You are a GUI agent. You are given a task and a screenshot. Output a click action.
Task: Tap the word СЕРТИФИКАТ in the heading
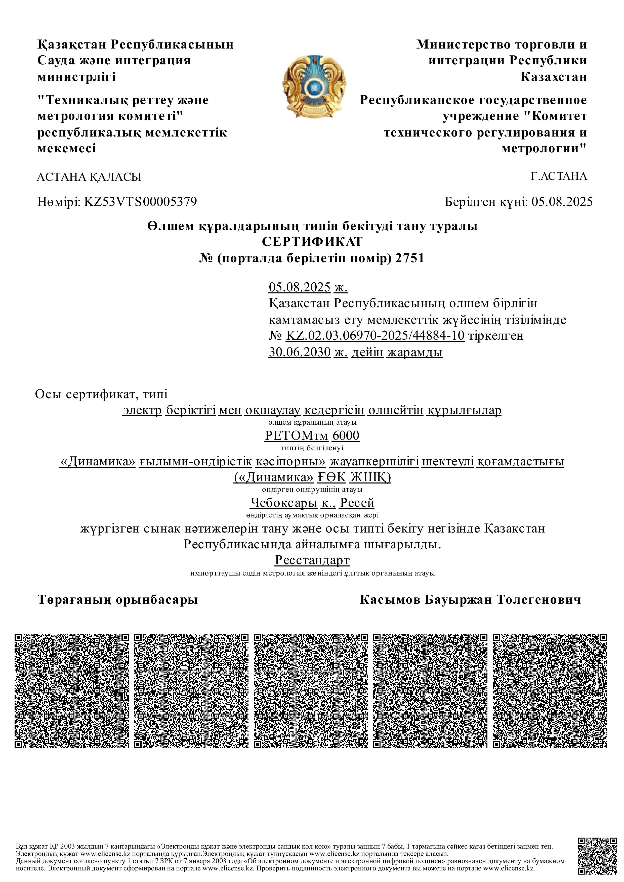click(312, 242)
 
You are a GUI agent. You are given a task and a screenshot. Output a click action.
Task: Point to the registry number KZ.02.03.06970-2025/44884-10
click(375, 336)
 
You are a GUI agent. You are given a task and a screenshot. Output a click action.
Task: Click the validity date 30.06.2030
click(299, 352)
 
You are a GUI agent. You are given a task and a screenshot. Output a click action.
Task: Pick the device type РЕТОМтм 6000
click(312, 436)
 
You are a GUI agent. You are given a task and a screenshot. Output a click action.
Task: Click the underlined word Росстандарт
click(312, 560)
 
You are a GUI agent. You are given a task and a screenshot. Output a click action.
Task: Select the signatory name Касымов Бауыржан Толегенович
click(470, 600)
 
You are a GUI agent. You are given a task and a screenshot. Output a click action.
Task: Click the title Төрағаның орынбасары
click(117, 600)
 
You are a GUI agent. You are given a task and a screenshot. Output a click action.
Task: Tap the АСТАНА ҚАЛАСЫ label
click(89, 177)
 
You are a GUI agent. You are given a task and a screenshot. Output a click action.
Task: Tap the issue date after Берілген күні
click(562, 202)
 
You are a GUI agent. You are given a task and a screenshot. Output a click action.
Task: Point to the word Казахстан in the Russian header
click(553, 77)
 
